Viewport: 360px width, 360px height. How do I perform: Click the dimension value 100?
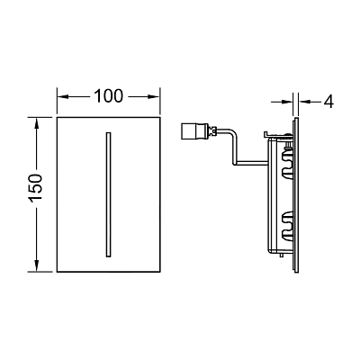(108, 96)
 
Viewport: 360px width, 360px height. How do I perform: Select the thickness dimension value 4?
(328, 102)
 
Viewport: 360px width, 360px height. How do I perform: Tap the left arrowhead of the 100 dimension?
(63, 96)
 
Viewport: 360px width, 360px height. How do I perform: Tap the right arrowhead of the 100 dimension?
(154, 96)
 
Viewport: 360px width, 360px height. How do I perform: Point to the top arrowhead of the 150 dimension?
(36, 123)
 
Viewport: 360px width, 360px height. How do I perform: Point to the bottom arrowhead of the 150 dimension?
(36, 265)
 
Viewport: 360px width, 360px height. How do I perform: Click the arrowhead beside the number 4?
(304, 102)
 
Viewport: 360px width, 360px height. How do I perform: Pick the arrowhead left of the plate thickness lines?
(287, 102)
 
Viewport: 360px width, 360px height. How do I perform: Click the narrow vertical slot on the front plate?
(108, 194)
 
